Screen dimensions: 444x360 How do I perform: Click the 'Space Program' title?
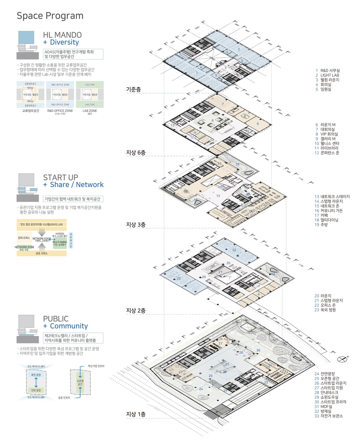(50, 16)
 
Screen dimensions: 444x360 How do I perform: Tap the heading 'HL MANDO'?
(62, 35)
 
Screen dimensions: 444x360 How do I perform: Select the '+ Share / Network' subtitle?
(73, 185)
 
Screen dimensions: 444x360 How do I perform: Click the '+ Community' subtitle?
(65, 326)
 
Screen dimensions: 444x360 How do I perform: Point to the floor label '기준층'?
(133, 89)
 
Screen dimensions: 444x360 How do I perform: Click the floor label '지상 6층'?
(136, 153)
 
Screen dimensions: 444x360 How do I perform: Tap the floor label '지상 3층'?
(136, 225)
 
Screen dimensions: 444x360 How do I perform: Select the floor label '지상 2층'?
(136, 310)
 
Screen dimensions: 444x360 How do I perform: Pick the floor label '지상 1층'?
(136, 414)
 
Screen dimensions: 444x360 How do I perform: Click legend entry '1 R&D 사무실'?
(327, 71)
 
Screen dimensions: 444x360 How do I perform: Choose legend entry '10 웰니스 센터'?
(327, 143)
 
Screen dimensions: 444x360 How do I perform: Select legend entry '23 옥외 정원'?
(325, 310)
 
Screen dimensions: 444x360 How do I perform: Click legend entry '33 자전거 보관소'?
(328, 416)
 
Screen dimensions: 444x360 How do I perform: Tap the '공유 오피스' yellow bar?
(42, 254)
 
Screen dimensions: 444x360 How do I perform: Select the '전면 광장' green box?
(36, 390)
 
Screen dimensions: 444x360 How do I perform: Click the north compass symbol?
(342, 359)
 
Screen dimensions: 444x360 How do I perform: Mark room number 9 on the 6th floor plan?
(258, 124)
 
